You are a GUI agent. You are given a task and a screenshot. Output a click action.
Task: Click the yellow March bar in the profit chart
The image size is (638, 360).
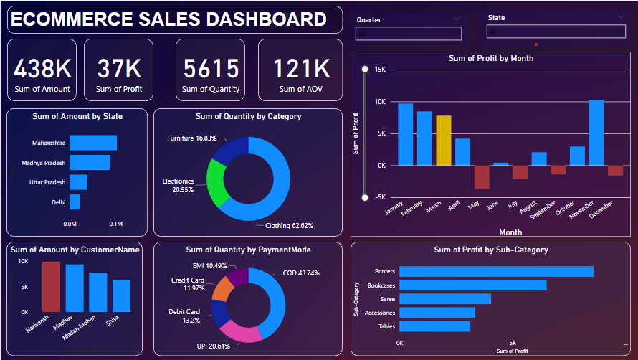point(444,141)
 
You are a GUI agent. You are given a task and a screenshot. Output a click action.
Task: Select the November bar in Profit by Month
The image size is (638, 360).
point(596,133)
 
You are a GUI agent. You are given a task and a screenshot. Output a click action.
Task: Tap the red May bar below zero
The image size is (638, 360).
point(482,177)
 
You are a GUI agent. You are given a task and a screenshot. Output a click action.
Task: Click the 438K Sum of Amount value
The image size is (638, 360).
point(42,69)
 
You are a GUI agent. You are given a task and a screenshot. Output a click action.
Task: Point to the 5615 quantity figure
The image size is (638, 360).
point(211,69)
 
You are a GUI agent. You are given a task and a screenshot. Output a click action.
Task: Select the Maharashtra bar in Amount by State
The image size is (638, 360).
point(93,143)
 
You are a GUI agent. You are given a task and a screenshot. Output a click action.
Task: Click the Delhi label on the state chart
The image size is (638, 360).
point(58,202)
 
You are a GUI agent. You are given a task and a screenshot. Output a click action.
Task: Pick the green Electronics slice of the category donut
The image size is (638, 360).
point(216,181)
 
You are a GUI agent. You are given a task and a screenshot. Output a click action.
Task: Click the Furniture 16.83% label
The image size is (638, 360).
point(191,138)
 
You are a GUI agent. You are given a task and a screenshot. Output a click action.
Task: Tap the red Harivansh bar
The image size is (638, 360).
point(51,286)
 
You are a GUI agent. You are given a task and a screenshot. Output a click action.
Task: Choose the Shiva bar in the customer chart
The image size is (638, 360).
point(121,295)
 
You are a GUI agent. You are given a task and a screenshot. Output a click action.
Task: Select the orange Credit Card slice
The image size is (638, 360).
point(222,287)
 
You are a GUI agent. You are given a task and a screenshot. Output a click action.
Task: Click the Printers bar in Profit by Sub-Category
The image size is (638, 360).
point(496,271)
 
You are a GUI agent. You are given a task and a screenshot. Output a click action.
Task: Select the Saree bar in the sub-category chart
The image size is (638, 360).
point(445,298)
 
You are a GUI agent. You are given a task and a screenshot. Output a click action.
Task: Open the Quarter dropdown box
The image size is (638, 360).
point(409,33)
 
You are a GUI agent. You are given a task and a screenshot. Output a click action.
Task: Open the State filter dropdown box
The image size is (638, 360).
point(556,32)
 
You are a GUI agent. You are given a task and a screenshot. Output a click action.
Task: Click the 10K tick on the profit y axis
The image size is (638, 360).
point(379,101)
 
